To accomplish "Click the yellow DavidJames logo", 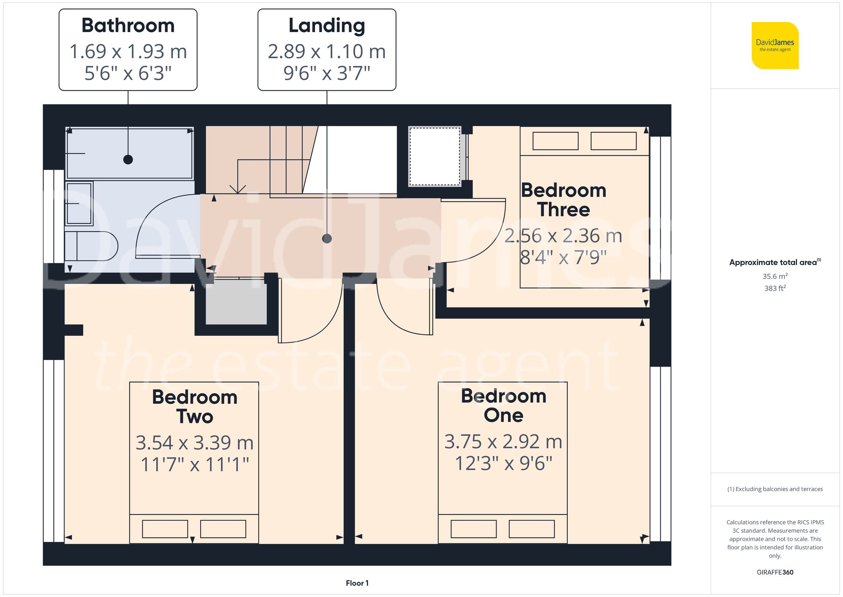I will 775,46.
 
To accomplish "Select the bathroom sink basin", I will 79,203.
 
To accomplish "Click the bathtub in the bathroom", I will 129,153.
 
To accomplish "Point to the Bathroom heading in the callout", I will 128,25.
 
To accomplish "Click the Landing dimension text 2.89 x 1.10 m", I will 327,51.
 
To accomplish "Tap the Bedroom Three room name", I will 564,200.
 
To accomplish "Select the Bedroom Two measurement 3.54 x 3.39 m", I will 194,443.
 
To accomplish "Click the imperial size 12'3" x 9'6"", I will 503,463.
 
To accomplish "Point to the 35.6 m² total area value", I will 775,276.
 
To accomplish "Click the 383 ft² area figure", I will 775,288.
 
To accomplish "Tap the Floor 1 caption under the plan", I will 357,583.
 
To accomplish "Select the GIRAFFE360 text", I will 775,573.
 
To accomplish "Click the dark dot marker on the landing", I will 327,239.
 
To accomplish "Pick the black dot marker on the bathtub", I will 128,159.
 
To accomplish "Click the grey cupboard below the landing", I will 236,302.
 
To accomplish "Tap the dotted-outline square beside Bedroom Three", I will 435,157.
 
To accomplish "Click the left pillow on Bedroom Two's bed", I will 165,529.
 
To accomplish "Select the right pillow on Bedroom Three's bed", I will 613,141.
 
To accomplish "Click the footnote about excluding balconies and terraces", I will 775,489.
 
